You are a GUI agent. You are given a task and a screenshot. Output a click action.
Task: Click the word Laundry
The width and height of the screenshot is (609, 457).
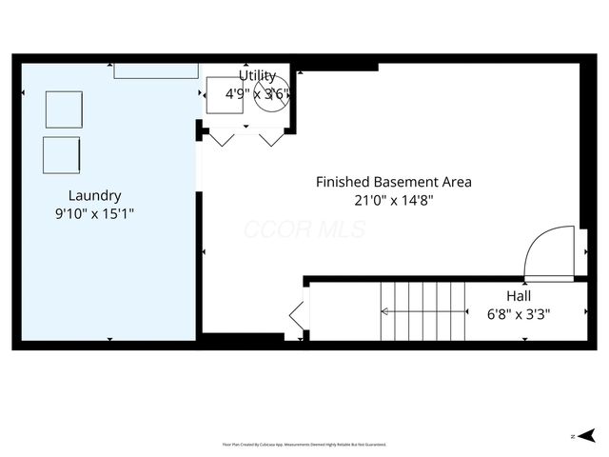click(94, 195)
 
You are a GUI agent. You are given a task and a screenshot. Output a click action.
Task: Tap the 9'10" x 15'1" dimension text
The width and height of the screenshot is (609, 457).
click(94, 214)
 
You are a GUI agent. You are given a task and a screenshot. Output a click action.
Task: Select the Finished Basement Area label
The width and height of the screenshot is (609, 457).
click(393, 181)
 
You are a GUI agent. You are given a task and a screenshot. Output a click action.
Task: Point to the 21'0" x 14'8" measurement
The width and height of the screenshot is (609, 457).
click(393, 199)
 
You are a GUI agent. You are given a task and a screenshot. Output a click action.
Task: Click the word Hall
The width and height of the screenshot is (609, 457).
click(519, 295)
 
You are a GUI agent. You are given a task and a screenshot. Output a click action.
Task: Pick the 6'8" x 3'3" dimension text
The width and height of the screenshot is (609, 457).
click(519, 313)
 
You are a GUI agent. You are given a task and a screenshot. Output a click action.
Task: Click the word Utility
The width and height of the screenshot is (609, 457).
click(257, 75)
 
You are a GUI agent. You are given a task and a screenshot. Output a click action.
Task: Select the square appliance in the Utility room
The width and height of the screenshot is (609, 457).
click(226, 94)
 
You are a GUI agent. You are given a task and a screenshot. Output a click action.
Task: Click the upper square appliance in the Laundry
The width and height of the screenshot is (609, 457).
click(64, 109)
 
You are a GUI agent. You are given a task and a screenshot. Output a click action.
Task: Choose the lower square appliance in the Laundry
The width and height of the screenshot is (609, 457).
click(62, 154)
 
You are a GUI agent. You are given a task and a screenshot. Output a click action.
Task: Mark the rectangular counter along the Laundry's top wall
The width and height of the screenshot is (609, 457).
click(156, 70)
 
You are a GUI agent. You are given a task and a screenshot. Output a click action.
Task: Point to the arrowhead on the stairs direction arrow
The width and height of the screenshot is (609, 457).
click(384, 311)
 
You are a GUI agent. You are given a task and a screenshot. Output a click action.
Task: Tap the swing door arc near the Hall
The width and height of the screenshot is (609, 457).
click(550, 251)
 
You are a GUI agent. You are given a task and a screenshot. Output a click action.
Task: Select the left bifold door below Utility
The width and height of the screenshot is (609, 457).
click(222, 139)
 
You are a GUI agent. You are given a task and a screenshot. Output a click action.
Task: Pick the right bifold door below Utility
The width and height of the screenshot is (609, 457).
click(272, 139)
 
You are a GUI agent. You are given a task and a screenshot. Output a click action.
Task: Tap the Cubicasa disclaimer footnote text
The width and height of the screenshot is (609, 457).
click(304, 444)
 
